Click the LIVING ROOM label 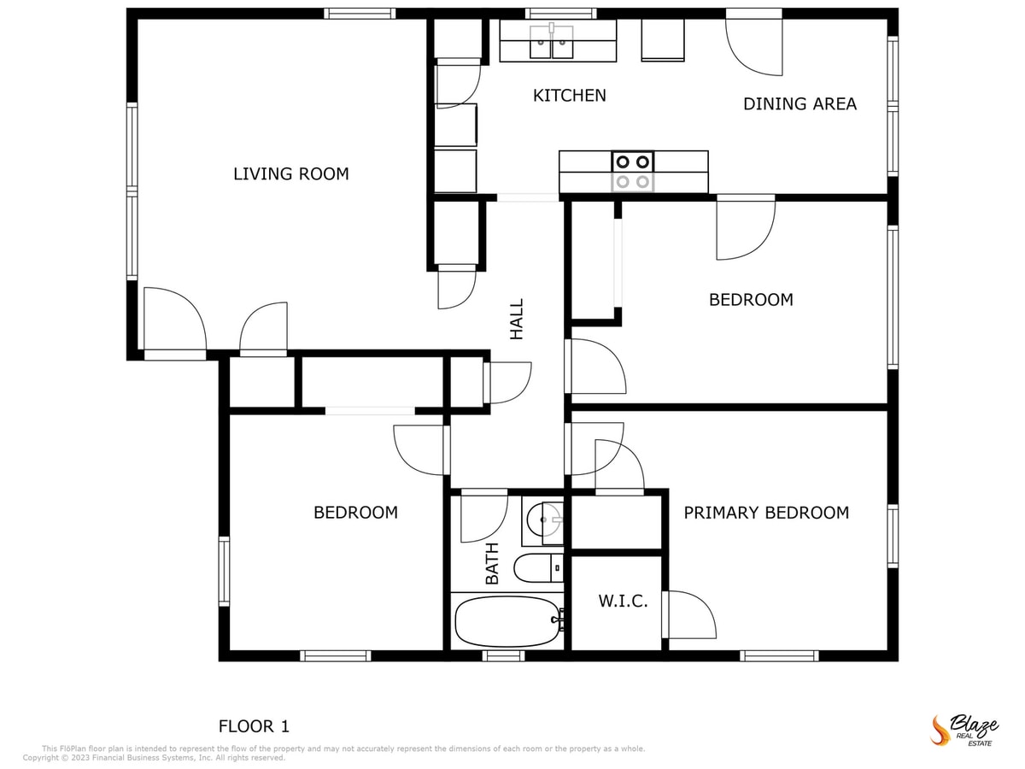tap(290, 174)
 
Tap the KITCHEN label tap(569, 96)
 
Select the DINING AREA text tap(799, 104)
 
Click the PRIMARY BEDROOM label tap(766, 513)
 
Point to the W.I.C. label tap(622, 602)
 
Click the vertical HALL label tap(517, 319)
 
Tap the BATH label tap(492, 564)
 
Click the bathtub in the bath tap(507, 621)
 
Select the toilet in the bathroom tap(538, 567)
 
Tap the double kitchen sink tap(552, 42)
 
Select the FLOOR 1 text tap(254, 727)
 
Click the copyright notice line tap(154, 758)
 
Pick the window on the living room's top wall tap(360, 13)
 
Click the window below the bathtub tap(503, 655)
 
